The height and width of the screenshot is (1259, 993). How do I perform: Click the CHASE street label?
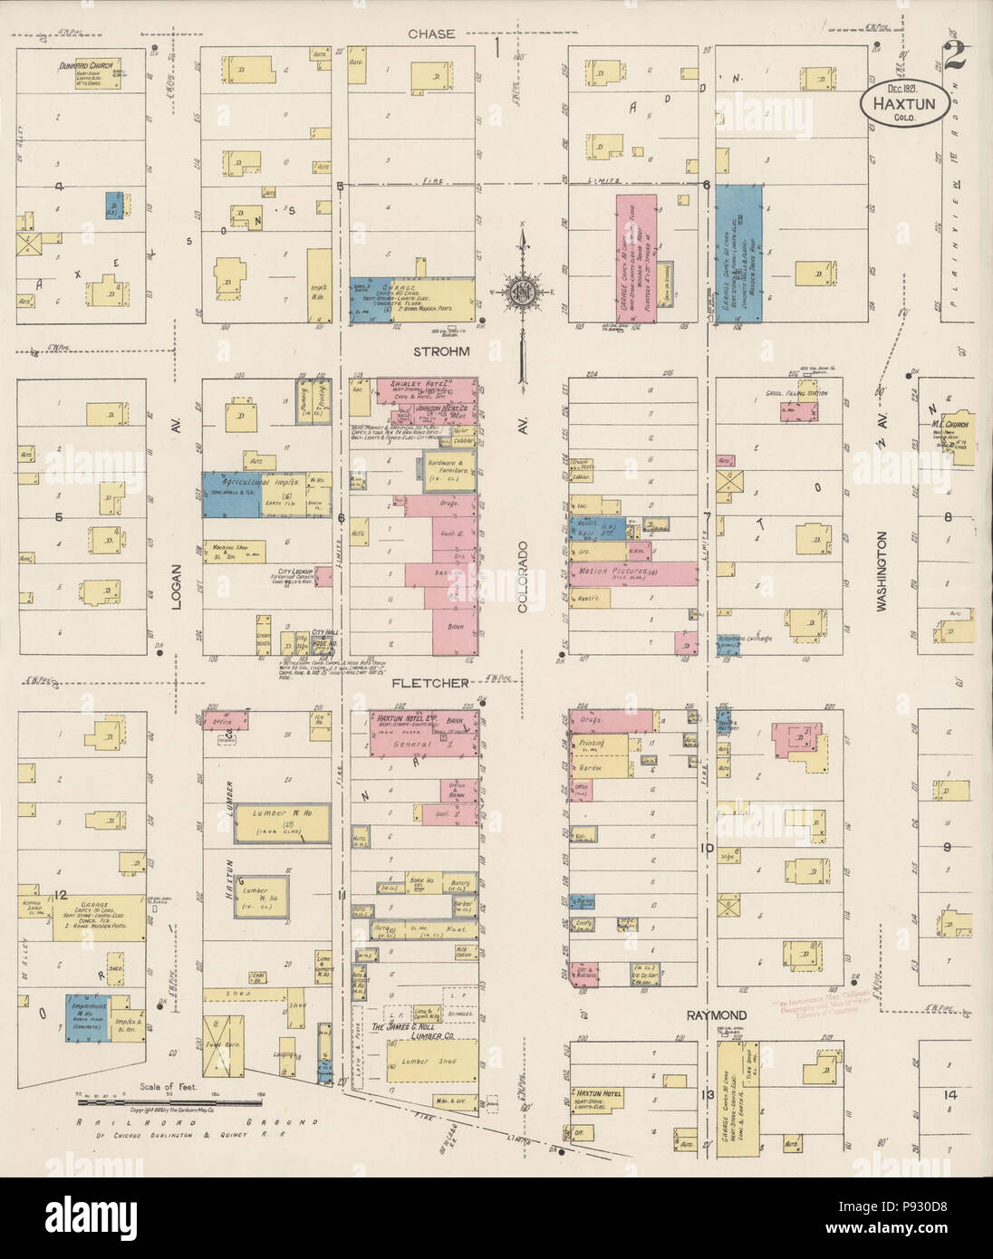430,34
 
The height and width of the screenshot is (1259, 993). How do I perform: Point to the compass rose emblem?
523,292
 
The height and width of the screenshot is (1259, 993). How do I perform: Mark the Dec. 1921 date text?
904,88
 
